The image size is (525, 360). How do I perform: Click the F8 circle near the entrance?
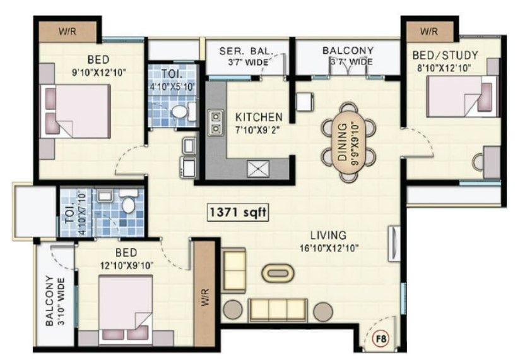point(380,339)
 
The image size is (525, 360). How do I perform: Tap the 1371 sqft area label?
point(238,212)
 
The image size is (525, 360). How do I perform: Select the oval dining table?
point(348,143)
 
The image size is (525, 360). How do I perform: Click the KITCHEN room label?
point(259,117)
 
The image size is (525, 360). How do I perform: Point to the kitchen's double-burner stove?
point(216,123)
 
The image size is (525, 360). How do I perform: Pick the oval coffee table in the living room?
point(278,273)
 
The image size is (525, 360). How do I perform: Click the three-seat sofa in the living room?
point(278,310)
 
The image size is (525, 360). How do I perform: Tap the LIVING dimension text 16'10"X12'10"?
point(329,248)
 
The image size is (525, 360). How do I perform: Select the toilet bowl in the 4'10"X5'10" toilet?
point(180,111)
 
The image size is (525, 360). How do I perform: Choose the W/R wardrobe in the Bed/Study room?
point(430,32)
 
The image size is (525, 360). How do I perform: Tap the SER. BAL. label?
point(247,51)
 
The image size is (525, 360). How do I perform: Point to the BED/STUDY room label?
point(445,56)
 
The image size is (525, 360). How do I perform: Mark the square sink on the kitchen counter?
point(258,169)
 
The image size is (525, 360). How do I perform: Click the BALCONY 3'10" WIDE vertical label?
point(54,301)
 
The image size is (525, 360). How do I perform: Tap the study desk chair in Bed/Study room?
point(478,162)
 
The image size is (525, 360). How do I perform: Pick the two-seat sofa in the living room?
point(233,270)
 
